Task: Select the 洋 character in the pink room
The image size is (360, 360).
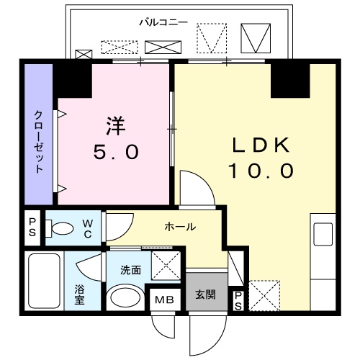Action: tap(116, 127)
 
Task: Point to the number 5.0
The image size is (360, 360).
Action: tap(116, 152)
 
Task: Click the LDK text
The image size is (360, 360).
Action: tap(260, 145)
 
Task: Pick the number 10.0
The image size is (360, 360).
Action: tap(261, 171)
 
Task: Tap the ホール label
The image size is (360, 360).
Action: tap(180, 226)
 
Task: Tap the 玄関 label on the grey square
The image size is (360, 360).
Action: tap(205, 295)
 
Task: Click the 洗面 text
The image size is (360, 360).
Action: tap(130, 271)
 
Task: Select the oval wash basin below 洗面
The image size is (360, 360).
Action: tap(125, 298)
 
